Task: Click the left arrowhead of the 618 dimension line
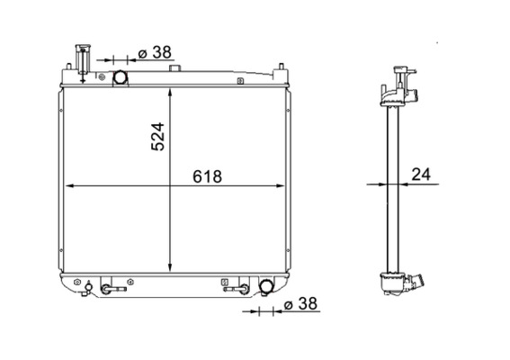pos(72,186)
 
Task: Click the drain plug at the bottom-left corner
pos(88,289)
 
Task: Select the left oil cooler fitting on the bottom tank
pos(112,289)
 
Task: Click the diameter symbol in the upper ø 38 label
pos(143,53)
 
